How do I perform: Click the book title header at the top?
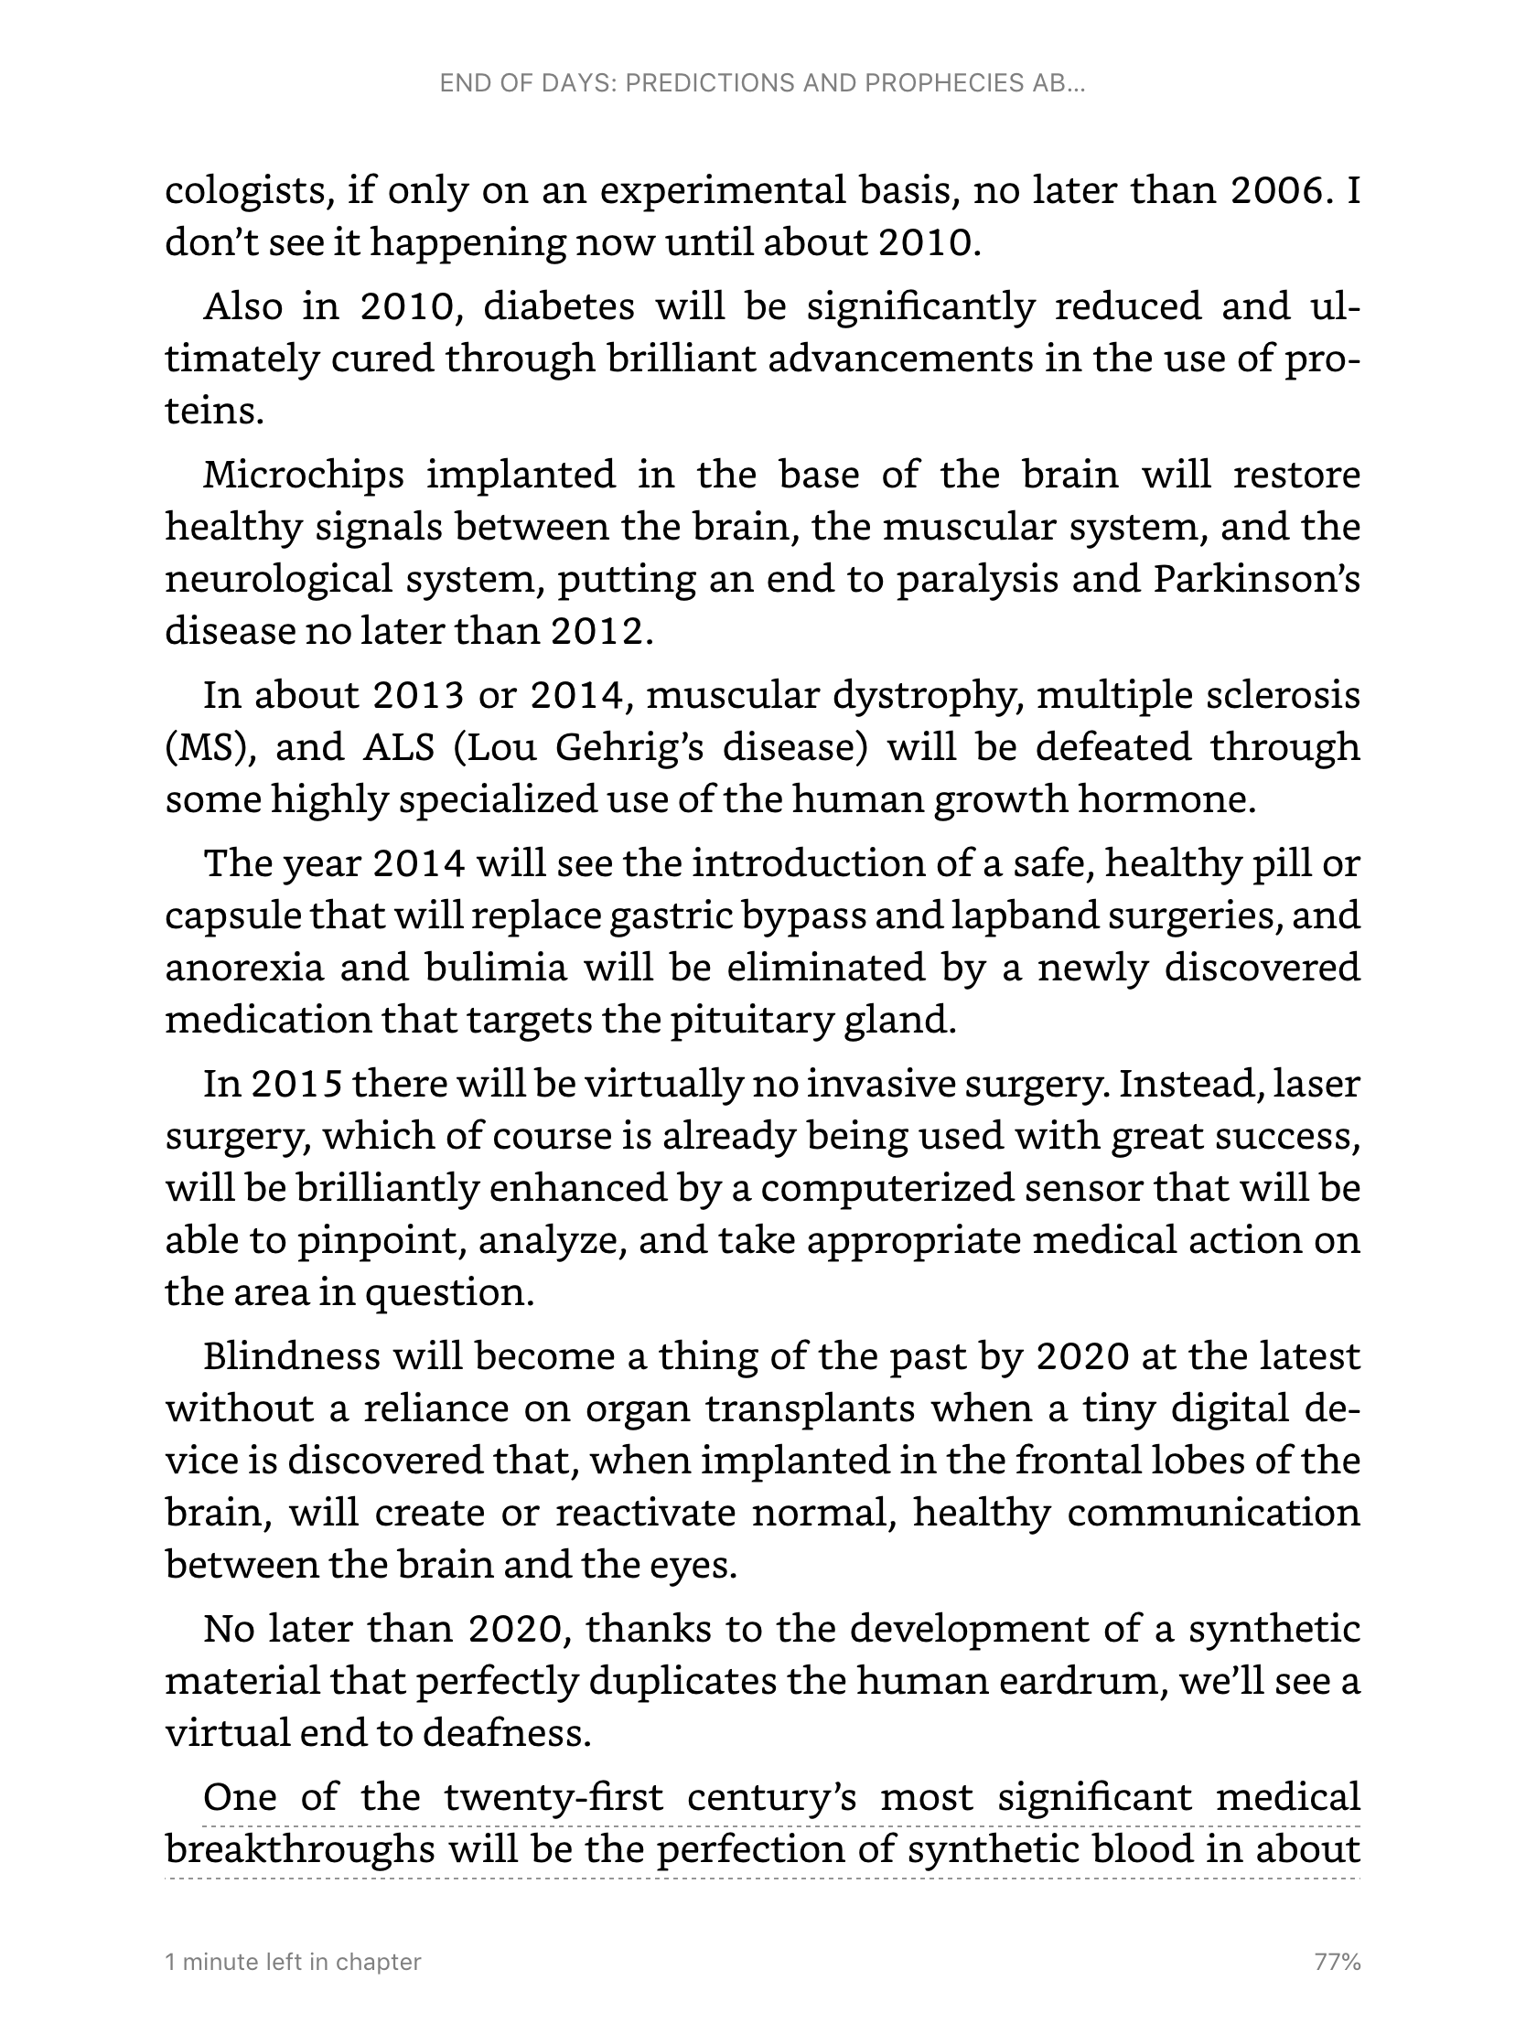762,83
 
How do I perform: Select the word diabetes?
558,306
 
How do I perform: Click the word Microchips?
304,475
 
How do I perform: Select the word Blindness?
287,1356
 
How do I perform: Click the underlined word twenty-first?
553,1797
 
